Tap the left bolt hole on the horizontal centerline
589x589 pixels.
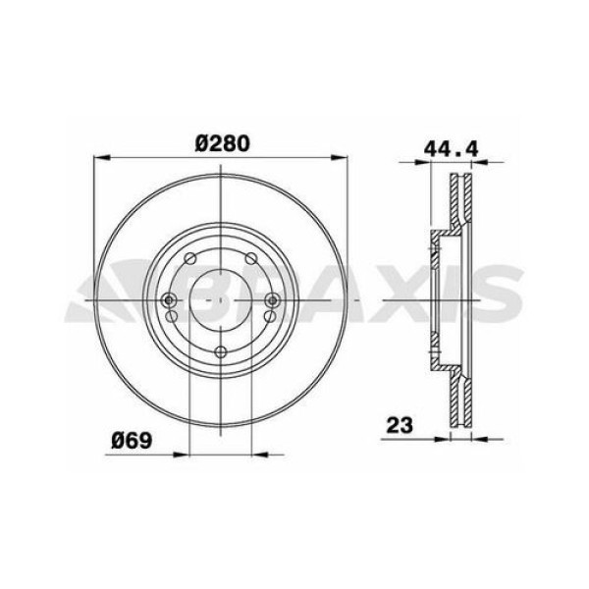(x=169, y=300)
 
